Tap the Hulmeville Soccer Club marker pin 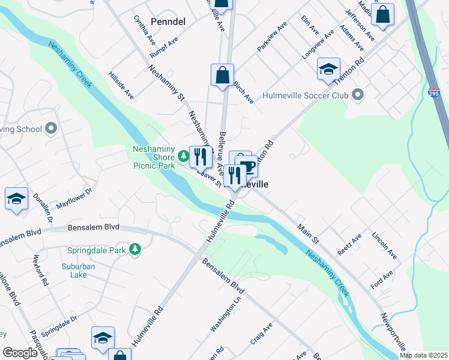(358, 95)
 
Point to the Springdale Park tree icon (136, 248)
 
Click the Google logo (20, 353)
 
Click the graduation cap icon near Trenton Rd (328, 70)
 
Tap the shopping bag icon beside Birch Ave (222, 76)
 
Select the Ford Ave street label (381, 280)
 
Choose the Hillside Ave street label (121, 86)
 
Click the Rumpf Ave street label (164, 43)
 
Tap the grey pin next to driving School (50, 128)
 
